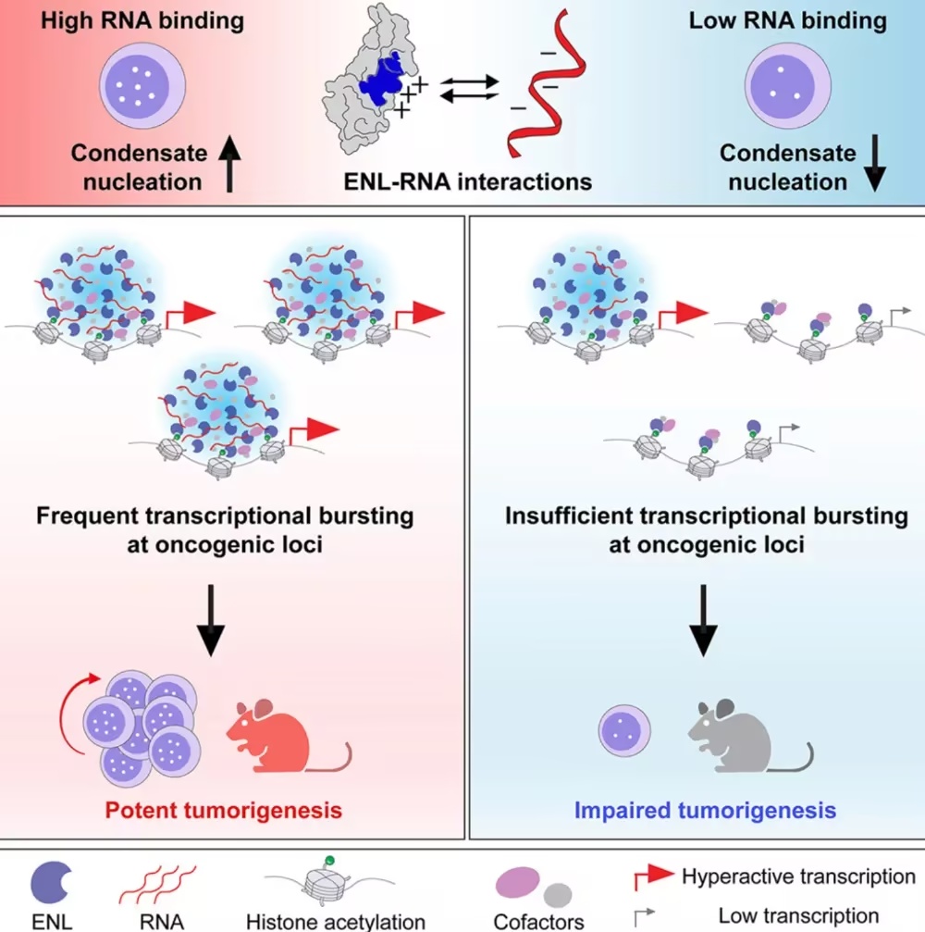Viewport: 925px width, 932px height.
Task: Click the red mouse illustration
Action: [x=279, y=737]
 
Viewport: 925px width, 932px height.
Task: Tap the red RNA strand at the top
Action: [x=546, y=83]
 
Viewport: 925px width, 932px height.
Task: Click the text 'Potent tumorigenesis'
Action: [x=223, y=810]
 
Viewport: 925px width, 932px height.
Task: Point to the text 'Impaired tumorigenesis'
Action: [x=705, y=810]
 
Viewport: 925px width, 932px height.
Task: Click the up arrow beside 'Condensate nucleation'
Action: [x=229, y=164]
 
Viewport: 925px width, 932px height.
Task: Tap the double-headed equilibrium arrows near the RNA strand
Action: [x=469, y=89]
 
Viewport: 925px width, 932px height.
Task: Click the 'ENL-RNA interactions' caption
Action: [x=467, y=182]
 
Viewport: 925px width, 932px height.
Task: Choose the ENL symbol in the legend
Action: [x=51, y=883]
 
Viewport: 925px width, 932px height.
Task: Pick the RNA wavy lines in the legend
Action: [x=157, y=885]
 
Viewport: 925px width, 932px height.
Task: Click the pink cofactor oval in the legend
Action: [x=517, y=882]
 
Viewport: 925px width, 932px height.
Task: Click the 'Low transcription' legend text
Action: [x=798, y=916]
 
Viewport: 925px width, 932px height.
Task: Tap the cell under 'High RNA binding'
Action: [x=142, y=85]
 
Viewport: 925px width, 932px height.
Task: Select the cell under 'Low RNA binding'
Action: [x=788, y=85]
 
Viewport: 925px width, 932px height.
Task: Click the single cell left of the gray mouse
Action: [x=624, y=730]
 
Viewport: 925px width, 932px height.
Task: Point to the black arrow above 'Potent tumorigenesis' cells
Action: [x=211, y=620]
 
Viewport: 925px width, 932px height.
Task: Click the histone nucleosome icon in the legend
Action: [x=328, y=884]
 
